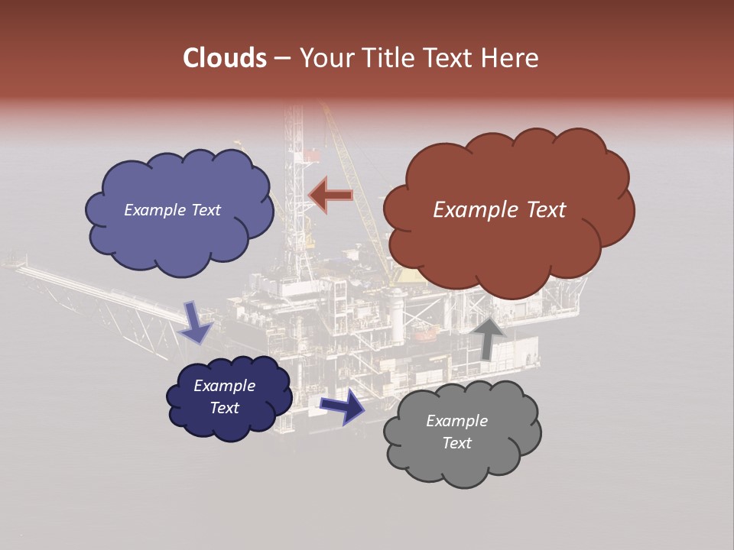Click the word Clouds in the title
tap(224, 58)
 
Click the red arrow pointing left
tap(330, 196)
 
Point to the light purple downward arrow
tap(196, 322)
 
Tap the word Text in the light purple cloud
tap(205, 210)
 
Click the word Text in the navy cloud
tap(225, 408)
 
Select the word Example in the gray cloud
tap(456, 421)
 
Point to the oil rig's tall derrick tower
tap(294, 168)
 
